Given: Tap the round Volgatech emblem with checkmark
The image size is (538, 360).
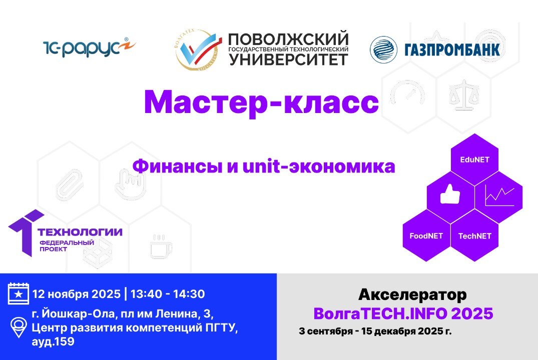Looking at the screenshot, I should click(x=199, y=49).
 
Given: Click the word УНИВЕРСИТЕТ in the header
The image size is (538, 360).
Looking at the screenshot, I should click(x=289, y=59).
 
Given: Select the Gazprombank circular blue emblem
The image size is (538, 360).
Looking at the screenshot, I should click(x=383, y=49).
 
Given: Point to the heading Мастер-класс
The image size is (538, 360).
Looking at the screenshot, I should click(x=261, y=102).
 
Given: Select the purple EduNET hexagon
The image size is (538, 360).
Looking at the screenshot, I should click(x=474, y=160).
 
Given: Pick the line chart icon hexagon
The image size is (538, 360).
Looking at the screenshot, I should click(x=499, y=195).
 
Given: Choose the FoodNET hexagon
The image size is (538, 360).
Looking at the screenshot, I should click(x=426, y=235).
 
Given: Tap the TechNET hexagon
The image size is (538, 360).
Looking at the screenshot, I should click(x=474, y=235).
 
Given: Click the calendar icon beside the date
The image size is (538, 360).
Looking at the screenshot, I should click(x=19, y=293).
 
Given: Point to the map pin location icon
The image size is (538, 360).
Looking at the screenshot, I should click(x=18, y=327).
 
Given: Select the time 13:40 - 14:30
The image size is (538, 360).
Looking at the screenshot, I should click(x=168, y=293).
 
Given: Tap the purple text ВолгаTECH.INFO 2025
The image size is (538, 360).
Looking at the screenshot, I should click(x=403, y=313).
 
